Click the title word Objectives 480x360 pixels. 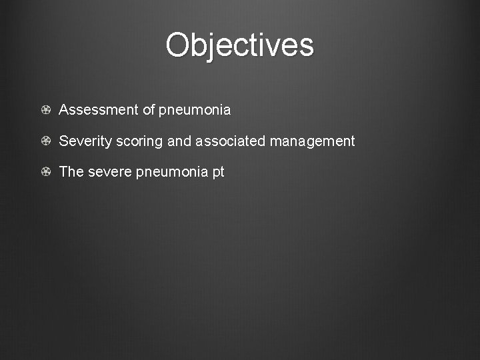click(239, 45)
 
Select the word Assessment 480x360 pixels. click(99, 110)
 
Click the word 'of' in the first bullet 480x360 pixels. click(149, 110)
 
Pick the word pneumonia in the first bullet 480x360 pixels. click(195, 111)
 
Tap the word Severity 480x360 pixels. click(85, 141)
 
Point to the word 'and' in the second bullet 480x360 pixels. click(179, 141)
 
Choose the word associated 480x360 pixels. click(231, 141)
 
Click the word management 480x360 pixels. click(313, 142)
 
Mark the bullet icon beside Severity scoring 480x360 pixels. click(45, 141)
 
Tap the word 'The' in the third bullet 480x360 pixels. click(71, 172)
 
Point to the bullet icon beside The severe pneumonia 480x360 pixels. click(45, 172)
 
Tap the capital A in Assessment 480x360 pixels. click(64, 110)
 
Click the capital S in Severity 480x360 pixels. click(64, 141)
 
